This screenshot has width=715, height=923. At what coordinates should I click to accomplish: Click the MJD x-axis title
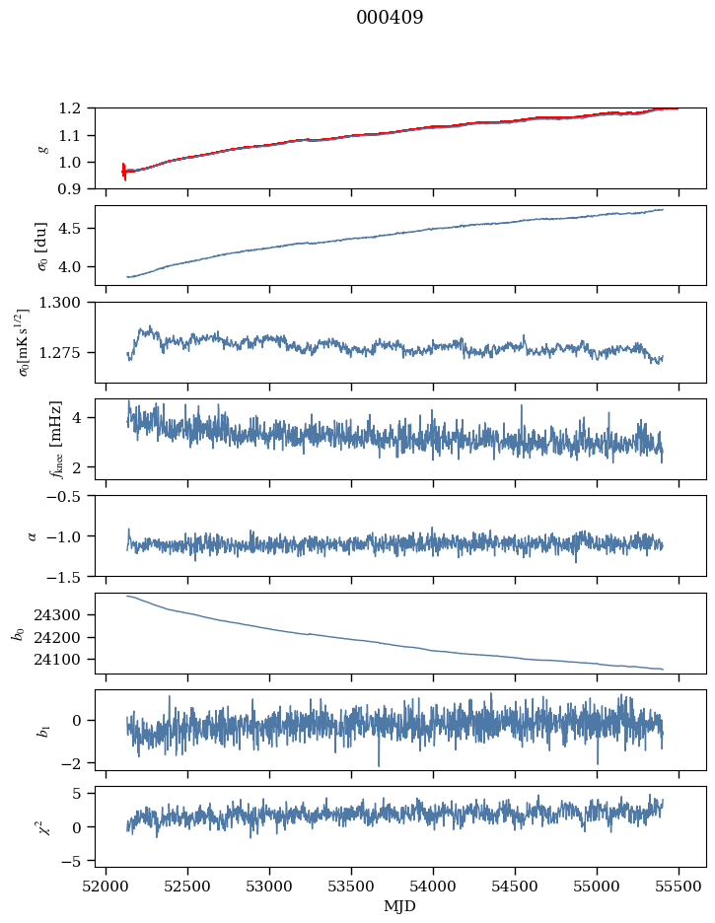pos(400,906)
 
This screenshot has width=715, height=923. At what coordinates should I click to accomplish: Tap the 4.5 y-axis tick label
pos(75,229)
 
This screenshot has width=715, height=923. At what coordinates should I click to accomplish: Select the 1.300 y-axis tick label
pos(67,303)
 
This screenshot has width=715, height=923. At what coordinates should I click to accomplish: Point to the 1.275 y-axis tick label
pos(67,352)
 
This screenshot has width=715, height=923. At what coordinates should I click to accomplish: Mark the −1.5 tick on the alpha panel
pos(71,576)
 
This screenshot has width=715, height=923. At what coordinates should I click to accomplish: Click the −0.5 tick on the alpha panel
pos(71,496)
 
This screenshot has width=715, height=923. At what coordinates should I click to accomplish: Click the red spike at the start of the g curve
pos(124,172)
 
